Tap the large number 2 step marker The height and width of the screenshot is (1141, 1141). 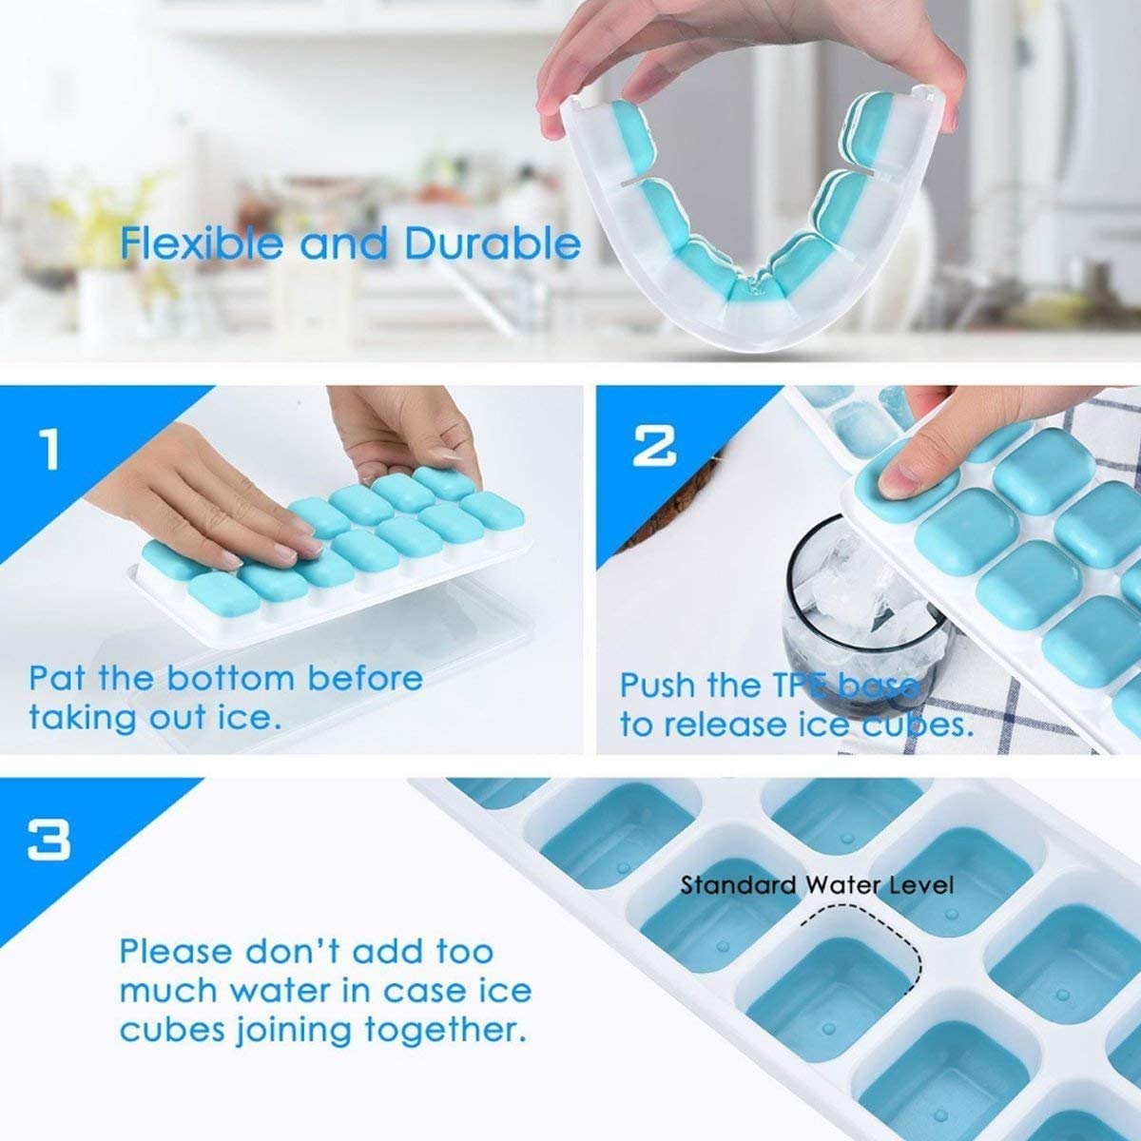coord(655,445)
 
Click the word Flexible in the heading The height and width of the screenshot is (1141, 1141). coord(201,244)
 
